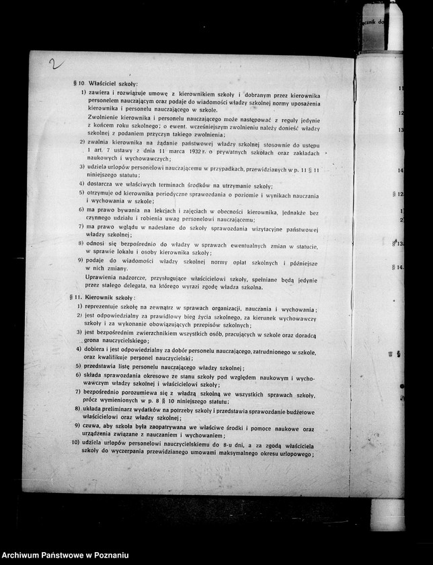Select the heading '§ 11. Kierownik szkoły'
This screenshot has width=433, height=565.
104,297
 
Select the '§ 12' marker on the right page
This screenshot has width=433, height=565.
397,194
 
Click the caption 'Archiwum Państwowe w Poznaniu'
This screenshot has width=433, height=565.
66,556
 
